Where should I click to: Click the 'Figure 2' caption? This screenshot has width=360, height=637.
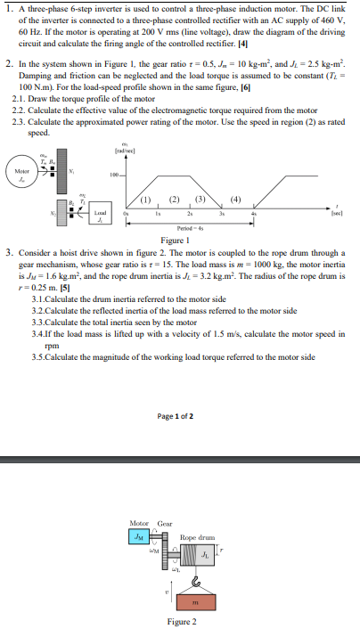[x=180, y=622]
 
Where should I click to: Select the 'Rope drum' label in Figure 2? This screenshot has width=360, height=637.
[x=197, y=538]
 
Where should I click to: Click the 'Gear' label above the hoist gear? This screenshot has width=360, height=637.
[x=165, y=523]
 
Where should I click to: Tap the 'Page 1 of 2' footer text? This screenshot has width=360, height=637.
[x=180, y=416]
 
